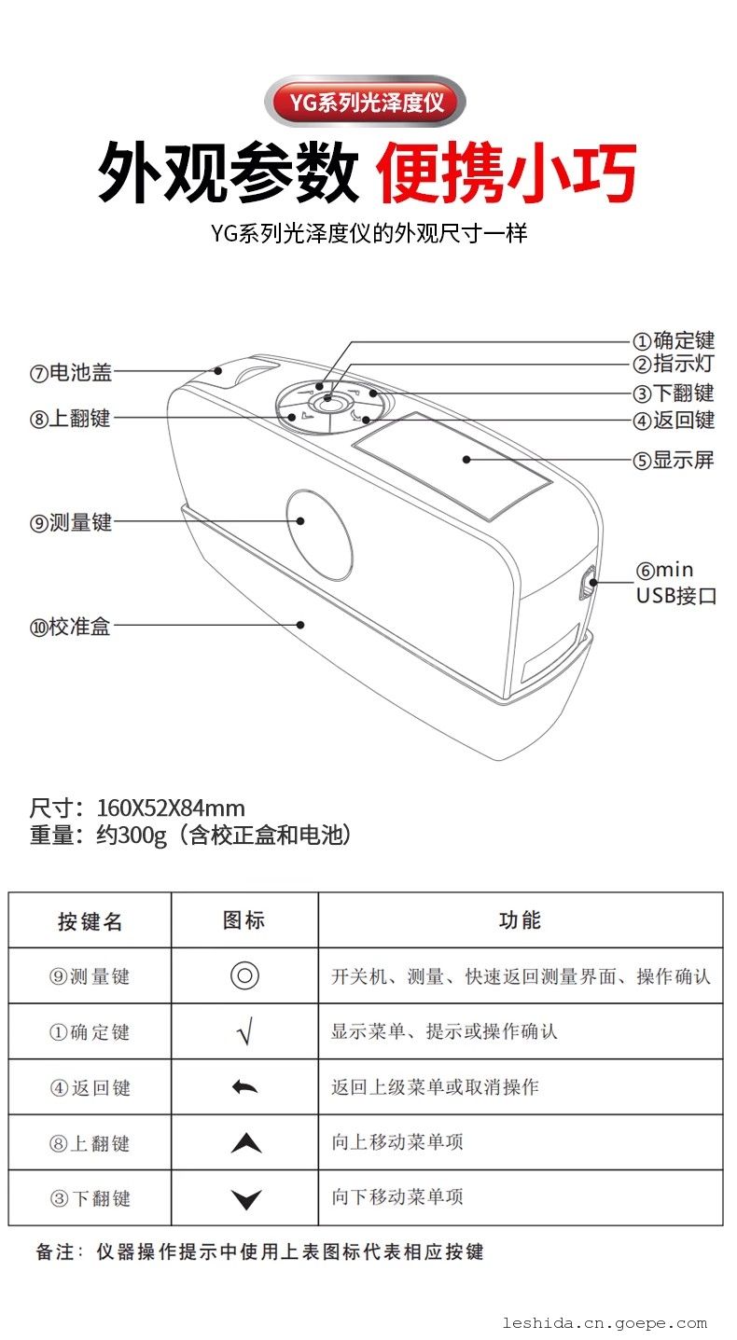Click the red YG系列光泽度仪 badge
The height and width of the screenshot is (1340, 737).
[x=365, y=102]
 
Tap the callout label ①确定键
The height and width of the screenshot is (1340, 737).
[x=674, y=340]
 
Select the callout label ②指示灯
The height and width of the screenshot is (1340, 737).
[x=674, y=364]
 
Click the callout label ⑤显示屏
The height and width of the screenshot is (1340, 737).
[x=674, y=460]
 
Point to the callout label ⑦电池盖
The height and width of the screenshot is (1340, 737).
[x=71, y=373]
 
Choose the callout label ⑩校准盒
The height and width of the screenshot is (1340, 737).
[x=71, y=627]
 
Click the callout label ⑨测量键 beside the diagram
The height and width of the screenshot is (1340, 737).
[x=71, y=522]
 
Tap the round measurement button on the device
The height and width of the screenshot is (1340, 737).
[x=319, y=535]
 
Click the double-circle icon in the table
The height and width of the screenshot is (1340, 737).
[x=244, y=976]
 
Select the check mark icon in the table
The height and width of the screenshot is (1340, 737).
[x=244, y=1031]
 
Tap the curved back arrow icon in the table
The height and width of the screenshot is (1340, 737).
[x=244, y=1086]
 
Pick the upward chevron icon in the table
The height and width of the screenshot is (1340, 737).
[x=246, y=1142]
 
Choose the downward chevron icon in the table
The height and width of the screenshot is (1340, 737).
[x=246, y=1199]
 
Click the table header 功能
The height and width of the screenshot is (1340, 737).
[x=520, y=920]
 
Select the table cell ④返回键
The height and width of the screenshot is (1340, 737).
[x=90, y=1087]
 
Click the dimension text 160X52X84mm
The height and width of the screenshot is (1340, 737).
[x=171, y=808]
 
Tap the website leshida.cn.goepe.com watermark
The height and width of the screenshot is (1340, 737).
[x=605, y=1322]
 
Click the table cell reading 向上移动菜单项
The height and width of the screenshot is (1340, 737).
[x=397, y=1142]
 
